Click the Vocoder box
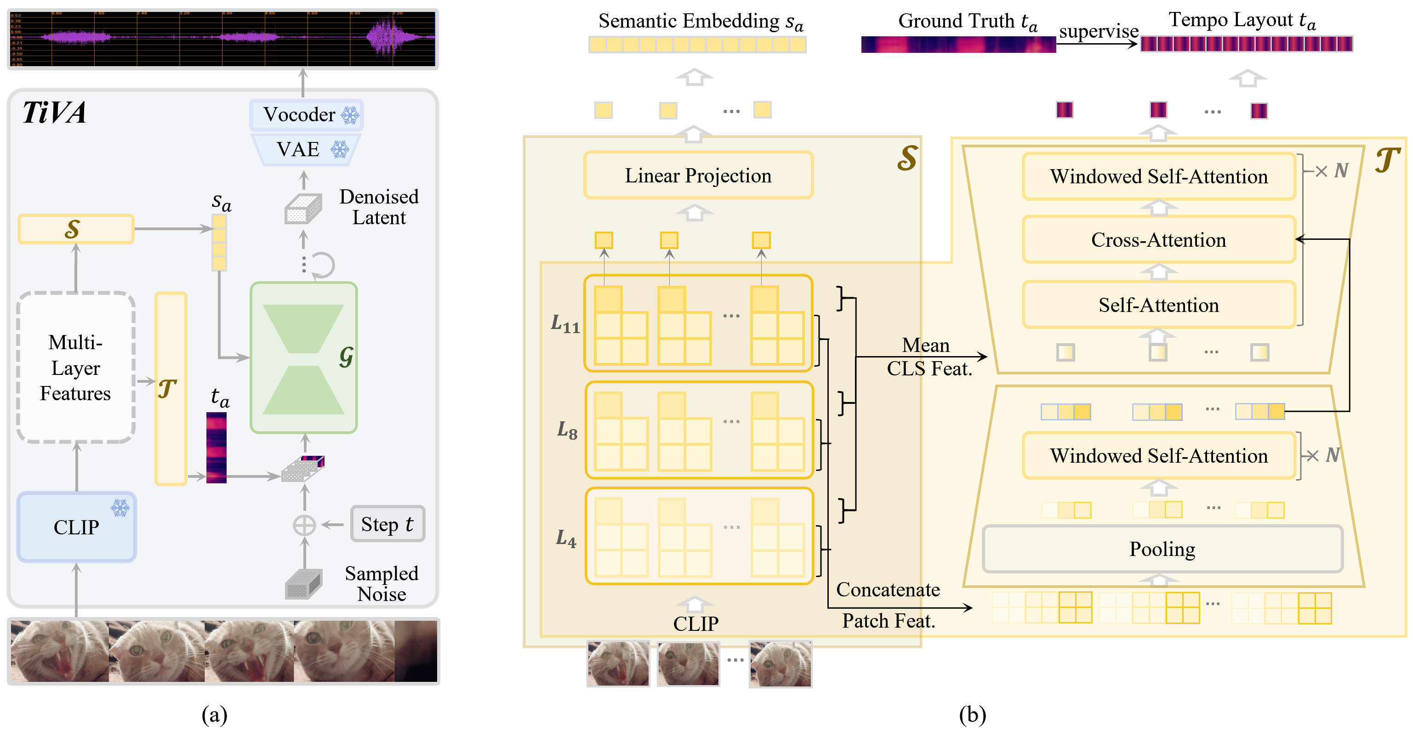(306, 114)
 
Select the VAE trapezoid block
(305, 149)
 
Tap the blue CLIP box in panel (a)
(76, 527)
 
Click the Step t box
(387, 524)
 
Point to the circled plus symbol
(304, 525)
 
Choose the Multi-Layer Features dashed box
(76, 368)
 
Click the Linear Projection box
(698, 176)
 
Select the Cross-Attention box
(1158, 240)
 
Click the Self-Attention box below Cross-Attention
(1158, 305)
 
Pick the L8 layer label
(567, 431)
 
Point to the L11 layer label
(565, 324)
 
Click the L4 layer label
(566, 539)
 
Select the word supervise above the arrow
(1098, 31)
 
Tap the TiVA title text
(54, 113)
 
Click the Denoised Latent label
(378, 207)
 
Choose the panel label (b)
(972, 714)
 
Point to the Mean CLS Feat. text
(928, 357)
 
